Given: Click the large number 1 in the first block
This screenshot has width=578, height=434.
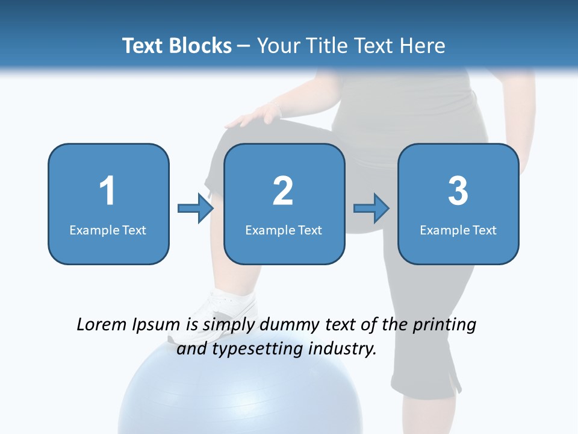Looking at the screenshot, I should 108,191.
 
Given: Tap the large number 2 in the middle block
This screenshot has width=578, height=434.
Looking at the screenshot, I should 283,191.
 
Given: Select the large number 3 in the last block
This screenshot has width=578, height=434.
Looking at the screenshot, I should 458,191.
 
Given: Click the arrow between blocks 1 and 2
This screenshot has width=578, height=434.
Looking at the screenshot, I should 196,209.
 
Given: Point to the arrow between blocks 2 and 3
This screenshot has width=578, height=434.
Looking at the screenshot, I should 371,209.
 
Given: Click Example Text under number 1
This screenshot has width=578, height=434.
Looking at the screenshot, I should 108,230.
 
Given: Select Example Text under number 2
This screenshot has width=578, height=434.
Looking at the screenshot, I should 284,230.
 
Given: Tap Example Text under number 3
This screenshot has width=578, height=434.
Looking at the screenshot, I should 458,230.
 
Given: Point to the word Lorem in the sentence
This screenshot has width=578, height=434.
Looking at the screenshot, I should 102,325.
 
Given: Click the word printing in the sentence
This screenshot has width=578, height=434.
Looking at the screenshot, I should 444,325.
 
